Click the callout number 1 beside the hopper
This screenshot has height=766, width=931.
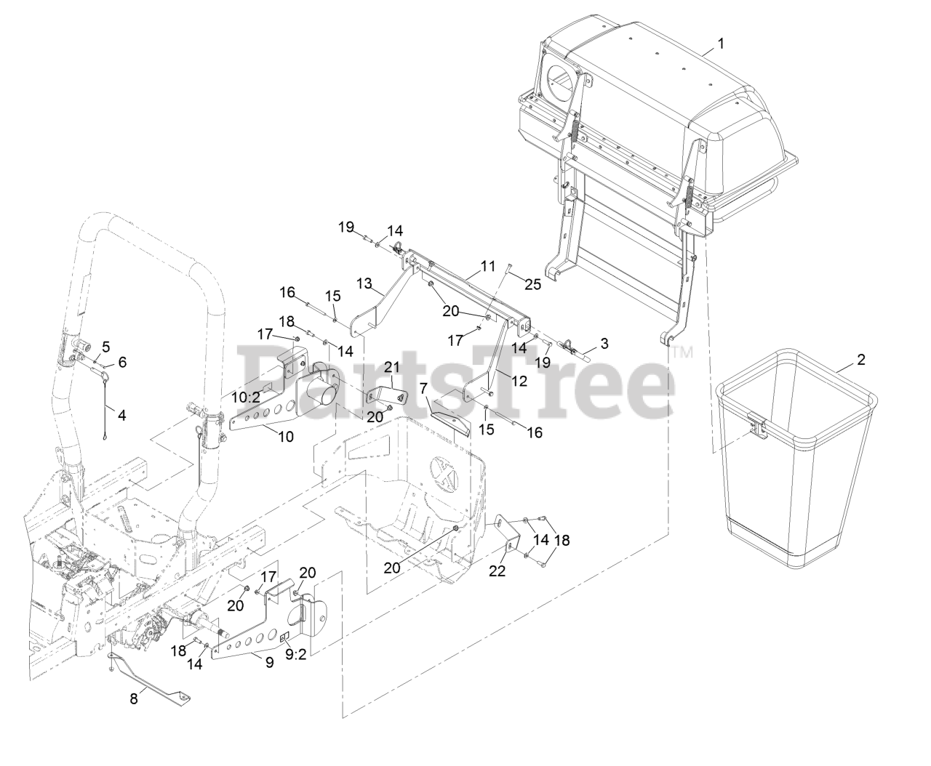click(x=721, y=44)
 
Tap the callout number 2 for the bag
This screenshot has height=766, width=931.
click(x=861, y=359)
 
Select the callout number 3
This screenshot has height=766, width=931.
click(x=604, y=342)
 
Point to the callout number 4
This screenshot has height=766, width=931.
click(x=121, y=415)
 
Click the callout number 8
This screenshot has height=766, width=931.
click(x=105, y=347)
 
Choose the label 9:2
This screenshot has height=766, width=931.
click(x=121, y=361)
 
